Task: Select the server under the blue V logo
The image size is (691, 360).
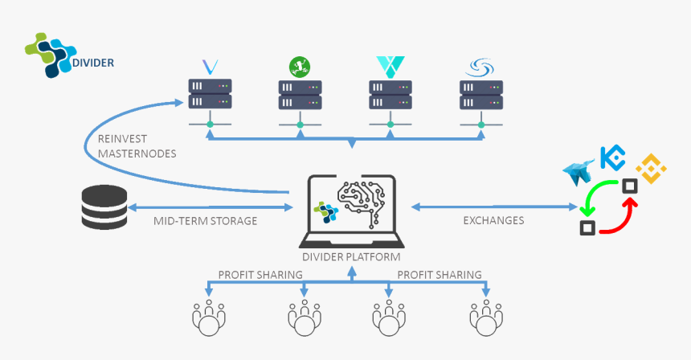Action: coord(210,94)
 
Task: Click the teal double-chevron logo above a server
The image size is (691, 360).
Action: coord(389,66)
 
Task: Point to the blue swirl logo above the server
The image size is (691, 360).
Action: coord(480,66)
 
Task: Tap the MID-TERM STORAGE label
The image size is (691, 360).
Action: coord(205,220)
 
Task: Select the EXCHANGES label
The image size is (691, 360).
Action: coord(493,220)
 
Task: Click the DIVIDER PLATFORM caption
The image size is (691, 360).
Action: coord(351,256)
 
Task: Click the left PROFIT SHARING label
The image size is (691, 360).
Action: coord(260,275)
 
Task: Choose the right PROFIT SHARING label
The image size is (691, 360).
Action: coord(440,275)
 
